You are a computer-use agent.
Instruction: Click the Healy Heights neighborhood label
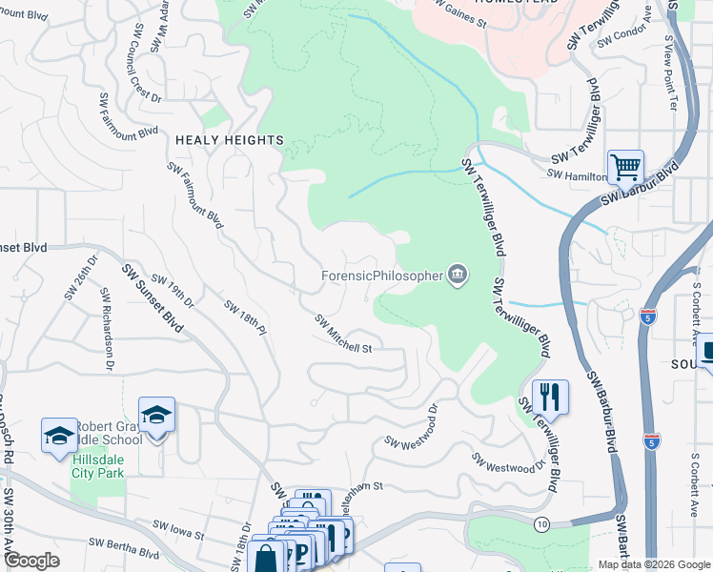(230, 140)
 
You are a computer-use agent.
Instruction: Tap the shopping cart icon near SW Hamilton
(625, 168)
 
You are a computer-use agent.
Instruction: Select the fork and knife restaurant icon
(549, 396)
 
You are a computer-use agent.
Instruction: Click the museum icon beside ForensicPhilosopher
(458, 276)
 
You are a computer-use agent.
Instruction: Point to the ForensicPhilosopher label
(381, 276)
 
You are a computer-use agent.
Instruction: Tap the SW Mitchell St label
(342, 334)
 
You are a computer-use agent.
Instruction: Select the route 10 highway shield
(541, 523)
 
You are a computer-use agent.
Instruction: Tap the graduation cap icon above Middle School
(156, 414)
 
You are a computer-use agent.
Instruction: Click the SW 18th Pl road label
(243, 318)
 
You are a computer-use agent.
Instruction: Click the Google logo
(31, 562)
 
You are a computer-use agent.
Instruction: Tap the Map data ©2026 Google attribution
(653, 564)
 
